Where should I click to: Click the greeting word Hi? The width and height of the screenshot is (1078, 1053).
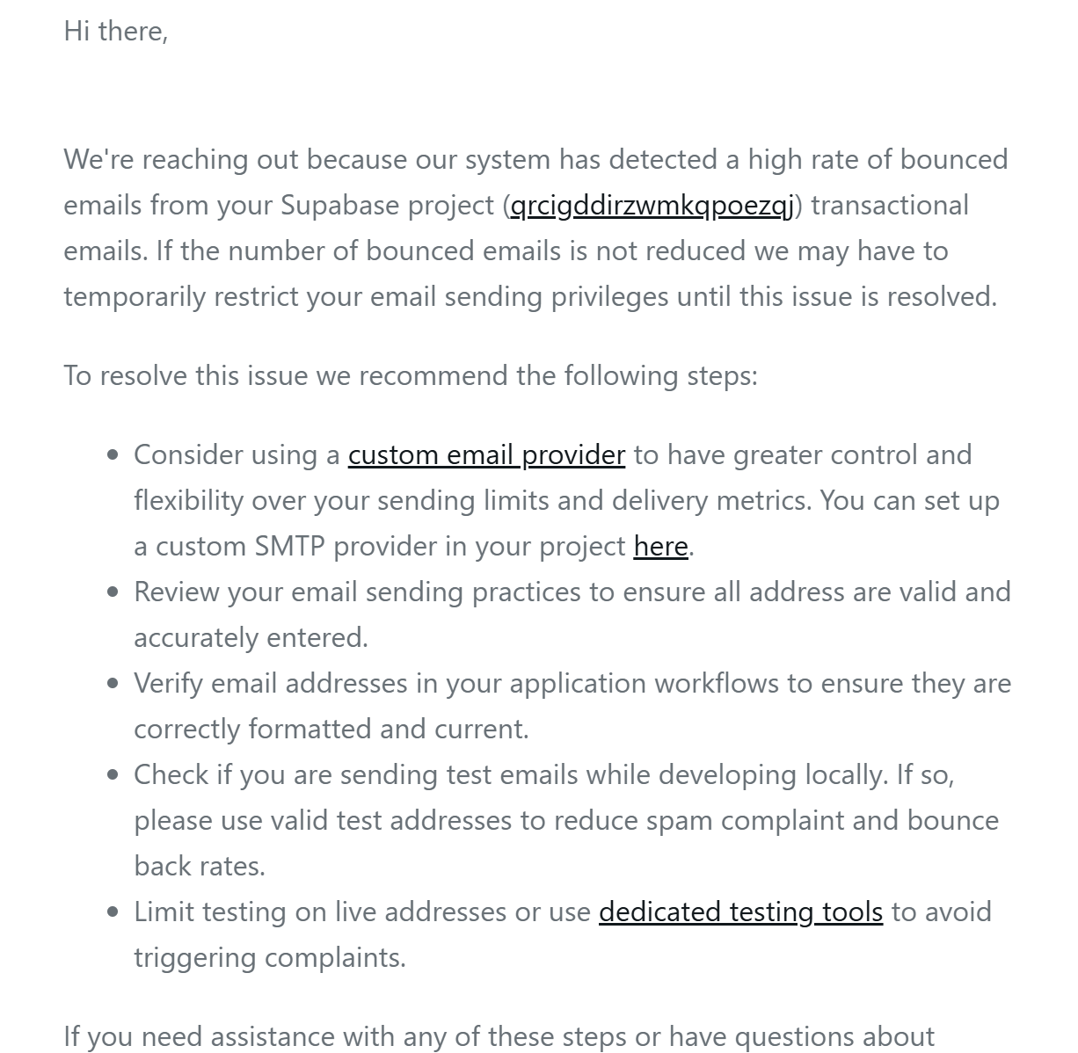click(76, 31)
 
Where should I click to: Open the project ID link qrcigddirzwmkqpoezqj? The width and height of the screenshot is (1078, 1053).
click(652, 205)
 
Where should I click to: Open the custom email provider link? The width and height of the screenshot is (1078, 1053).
click(486, 454)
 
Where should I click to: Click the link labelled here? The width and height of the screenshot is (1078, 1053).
click(660, 546)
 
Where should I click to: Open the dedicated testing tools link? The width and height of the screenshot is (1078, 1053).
click(740, 911)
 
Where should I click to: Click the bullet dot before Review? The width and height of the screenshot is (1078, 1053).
click(113, 592)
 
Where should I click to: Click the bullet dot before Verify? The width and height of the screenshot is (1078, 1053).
click(113, 683)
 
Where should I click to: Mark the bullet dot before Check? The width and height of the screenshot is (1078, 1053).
click(113, 774)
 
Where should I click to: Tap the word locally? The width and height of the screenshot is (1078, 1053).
click(845, 774)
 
